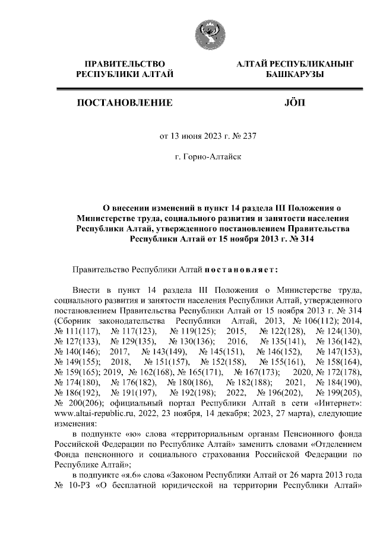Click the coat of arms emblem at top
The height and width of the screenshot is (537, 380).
tap(207, 34)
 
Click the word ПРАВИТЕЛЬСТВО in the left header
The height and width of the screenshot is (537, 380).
tap(125, 63)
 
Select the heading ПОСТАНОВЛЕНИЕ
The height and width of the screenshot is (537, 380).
tap(125, 103)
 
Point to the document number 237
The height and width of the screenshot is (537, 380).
tap(248, 135)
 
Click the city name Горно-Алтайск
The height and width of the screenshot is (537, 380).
tap(208, 157)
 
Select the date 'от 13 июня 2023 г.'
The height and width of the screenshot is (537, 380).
tap(193, 135)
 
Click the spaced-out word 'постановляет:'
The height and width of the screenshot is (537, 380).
tap(242, 270)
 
